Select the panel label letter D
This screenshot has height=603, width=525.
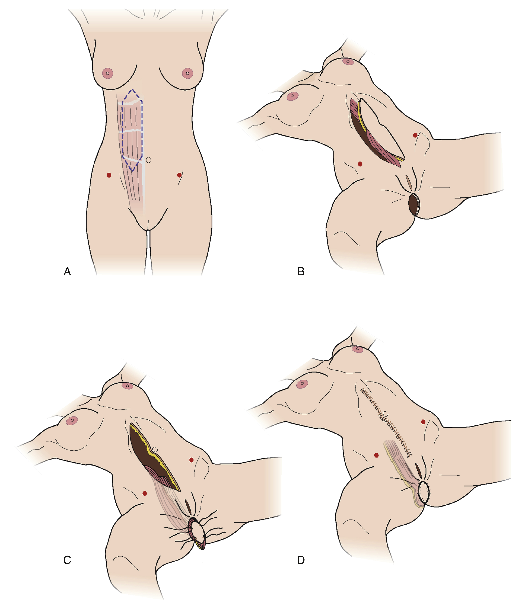(x=301, y=560)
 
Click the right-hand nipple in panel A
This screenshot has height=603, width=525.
(x=188, y=73)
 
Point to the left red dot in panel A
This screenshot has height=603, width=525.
(x=109, y=175)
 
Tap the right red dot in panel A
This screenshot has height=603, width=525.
(x=179, y=175)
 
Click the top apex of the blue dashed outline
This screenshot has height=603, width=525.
(x=132, y=89)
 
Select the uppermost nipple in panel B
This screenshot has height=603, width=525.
(x=347, y=61)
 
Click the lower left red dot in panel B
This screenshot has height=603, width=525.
(x=360, y=164)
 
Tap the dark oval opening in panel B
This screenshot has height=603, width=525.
(x=414, y=205)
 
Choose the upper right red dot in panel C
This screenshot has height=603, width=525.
(x=191, y=460)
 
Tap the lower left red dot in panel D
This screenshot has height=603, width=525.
(x=377, y=455)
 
